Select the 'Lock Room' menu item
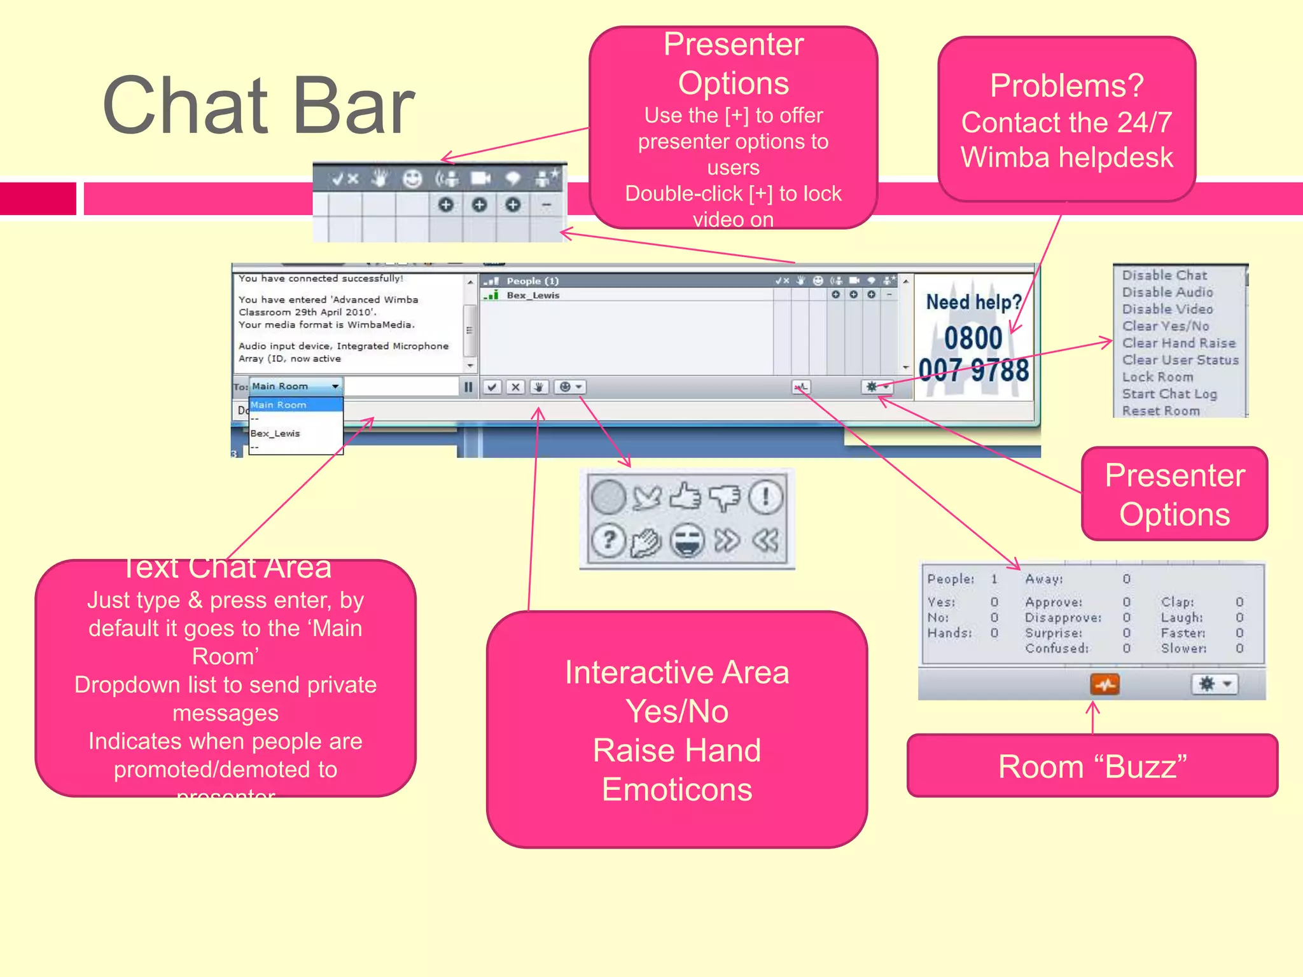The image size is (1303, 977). pos(1157,377)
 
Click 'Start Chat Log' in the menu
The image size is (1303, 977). pos(1169,394)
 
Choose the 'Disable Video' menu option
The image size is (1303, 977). pos(1167,309)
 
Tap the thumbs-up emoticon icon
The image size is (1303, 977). pos(685,497)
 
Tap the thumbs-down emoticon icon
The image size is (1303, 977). pos(725,497)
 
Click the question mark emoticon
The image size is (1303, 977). pos(609,541)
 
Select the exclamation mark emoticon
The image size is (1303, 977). pos(765,497)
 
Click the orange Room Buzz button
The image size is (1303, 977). pos(1105,684)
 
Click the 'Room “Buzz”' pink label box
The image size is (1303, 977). pos(1092,766)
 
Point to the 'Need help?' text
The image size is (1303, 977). pos(973,302)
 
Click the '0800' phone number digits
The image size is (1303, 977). pos(973,338)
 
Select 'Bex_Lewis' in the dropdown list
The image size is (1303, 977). pos(275,433)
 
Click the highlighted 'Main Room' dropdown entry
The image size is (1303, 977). pos(279,405)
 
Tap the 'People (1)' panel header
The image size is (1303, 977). pos(533,281)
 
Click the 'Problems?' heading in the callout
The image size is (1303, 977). pos(1066,86)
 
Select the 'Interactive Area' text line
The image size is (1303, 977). pos(676,673)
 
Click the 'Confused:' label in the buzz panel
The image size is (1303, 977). pos(1056,648)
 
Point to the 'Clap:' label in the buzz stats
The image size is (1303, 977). pos(1176,602)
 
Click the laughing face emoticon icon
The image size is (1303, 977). pos(687,541)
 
